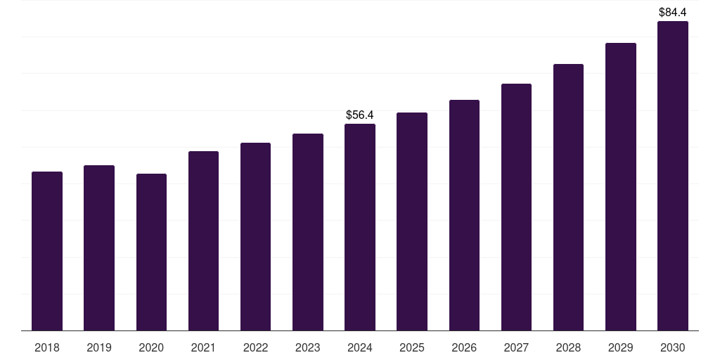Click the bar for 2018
(47, 251)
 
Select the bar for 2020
(151, 252)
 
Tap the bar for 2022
(255, 237)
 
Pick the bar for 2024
(360, 227)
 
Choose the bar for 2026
(464, 215)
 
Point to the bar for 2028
(568, 198)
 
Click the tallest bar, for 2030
(672, 176)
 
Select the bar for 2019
(99, 248)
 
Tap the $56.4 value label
(360, 115)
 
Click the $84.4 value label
(672, 12)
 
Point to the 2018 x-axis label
(47, 347)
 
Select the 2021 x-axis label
(203, 347)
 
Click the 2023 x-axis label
(307, 347)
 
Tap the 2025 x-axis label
(412, 347)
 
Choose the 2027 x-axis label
(516, 347)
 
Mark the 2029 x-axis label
(620, 347)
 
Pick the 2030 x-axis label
(672, 347)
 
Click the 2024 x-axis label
(360, 347)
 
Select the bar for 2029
(620, 187)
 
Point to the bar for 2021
(203, 241)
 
